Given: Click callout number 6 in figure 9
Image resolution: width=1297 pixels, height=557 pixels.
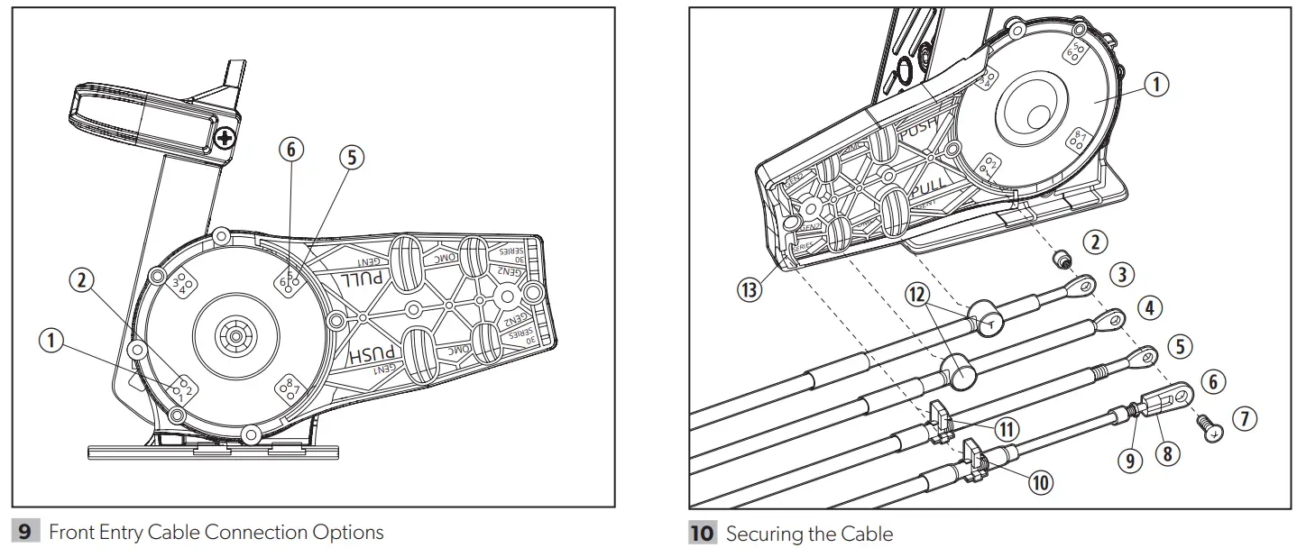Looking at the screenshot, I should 290,150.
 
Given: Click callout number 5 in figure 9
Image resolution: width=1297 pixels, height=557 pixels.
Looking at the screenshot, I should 351,157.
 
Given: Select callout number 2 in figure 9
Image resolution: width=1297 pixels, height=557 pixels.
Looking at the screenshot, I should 82,279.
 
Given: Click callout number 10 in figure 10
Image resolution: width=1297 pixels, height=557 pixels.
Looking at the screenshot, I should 1040,482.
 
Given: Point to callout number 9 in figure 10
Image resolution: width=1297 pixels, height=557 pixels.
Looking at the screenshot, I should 1129,461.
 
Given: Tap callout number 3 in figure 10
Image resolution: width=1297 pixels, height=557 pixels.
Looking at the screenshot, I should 1121,275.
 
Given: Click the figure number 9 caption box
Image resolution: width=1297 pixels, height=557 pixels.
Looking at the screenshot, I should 25,532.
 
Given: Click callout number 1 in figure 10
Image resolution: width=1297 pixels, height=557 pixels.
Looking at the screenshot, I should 1155,84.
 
